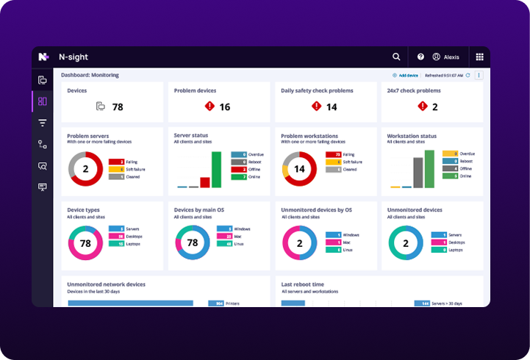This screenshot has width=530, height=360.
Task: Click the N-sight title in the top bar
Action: [73, 57]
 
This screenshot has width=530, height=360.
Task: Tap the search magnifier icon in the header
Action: [396, 57]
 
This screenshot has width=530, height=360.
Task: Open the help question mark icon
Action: [420, 57]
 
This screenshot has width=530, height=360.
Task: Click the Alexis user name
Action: [450, 57]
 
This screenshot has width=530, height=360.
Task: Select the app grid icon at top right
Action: [479, 57]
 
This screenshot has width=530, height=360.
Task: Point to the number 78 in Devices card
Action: [118, 107]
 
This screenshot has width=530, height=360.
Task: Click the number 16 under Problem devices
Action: [224, 107]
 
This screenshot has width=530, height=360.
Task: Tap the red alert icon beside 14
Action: [316, 107]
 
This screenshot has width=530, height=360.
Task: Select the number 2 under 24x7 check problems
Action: [434, 107]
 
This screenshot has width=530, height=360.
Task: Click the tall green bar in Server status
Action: [216, 170]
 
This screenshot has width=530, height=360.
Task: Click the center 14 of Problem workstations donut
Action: [299, 168]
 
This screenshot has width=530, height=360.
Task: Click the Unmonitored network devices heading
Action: [106, 284]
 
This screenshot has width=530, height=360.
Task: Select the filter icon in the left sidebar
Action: [42, 123]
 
